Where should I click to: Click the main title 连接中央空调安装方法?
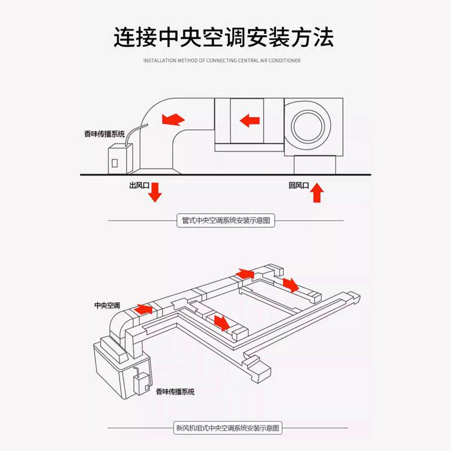click(x=224, y=37)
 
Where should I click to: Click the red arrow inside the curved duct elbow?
click(x=173, y=119)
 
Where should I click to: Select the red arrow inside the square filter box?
click(x=249, y=120)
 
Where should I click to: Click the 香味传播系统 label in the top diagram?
click(x=104, y=134)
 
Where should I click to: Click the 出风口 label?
click(x=139, y=185)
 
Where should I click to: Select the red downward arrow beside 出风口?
click(x=155, y=192)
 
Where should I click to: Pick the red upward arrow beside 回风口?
click(x=317, y=192)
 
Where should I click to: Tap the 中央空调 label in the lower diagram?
click(x=107, y=306)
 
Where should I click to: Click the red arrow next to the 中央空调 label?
click(x=143, y=309)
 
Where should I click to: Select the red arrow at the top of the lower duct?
click(x=245, y=273)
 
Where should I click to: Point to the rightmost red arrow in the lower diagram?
click(x=291, y=285)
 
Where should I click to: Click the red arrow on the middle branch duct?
click(x=222, y=322)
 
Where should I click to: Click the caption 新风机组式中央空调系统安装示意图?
click(x=227, y=428)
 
